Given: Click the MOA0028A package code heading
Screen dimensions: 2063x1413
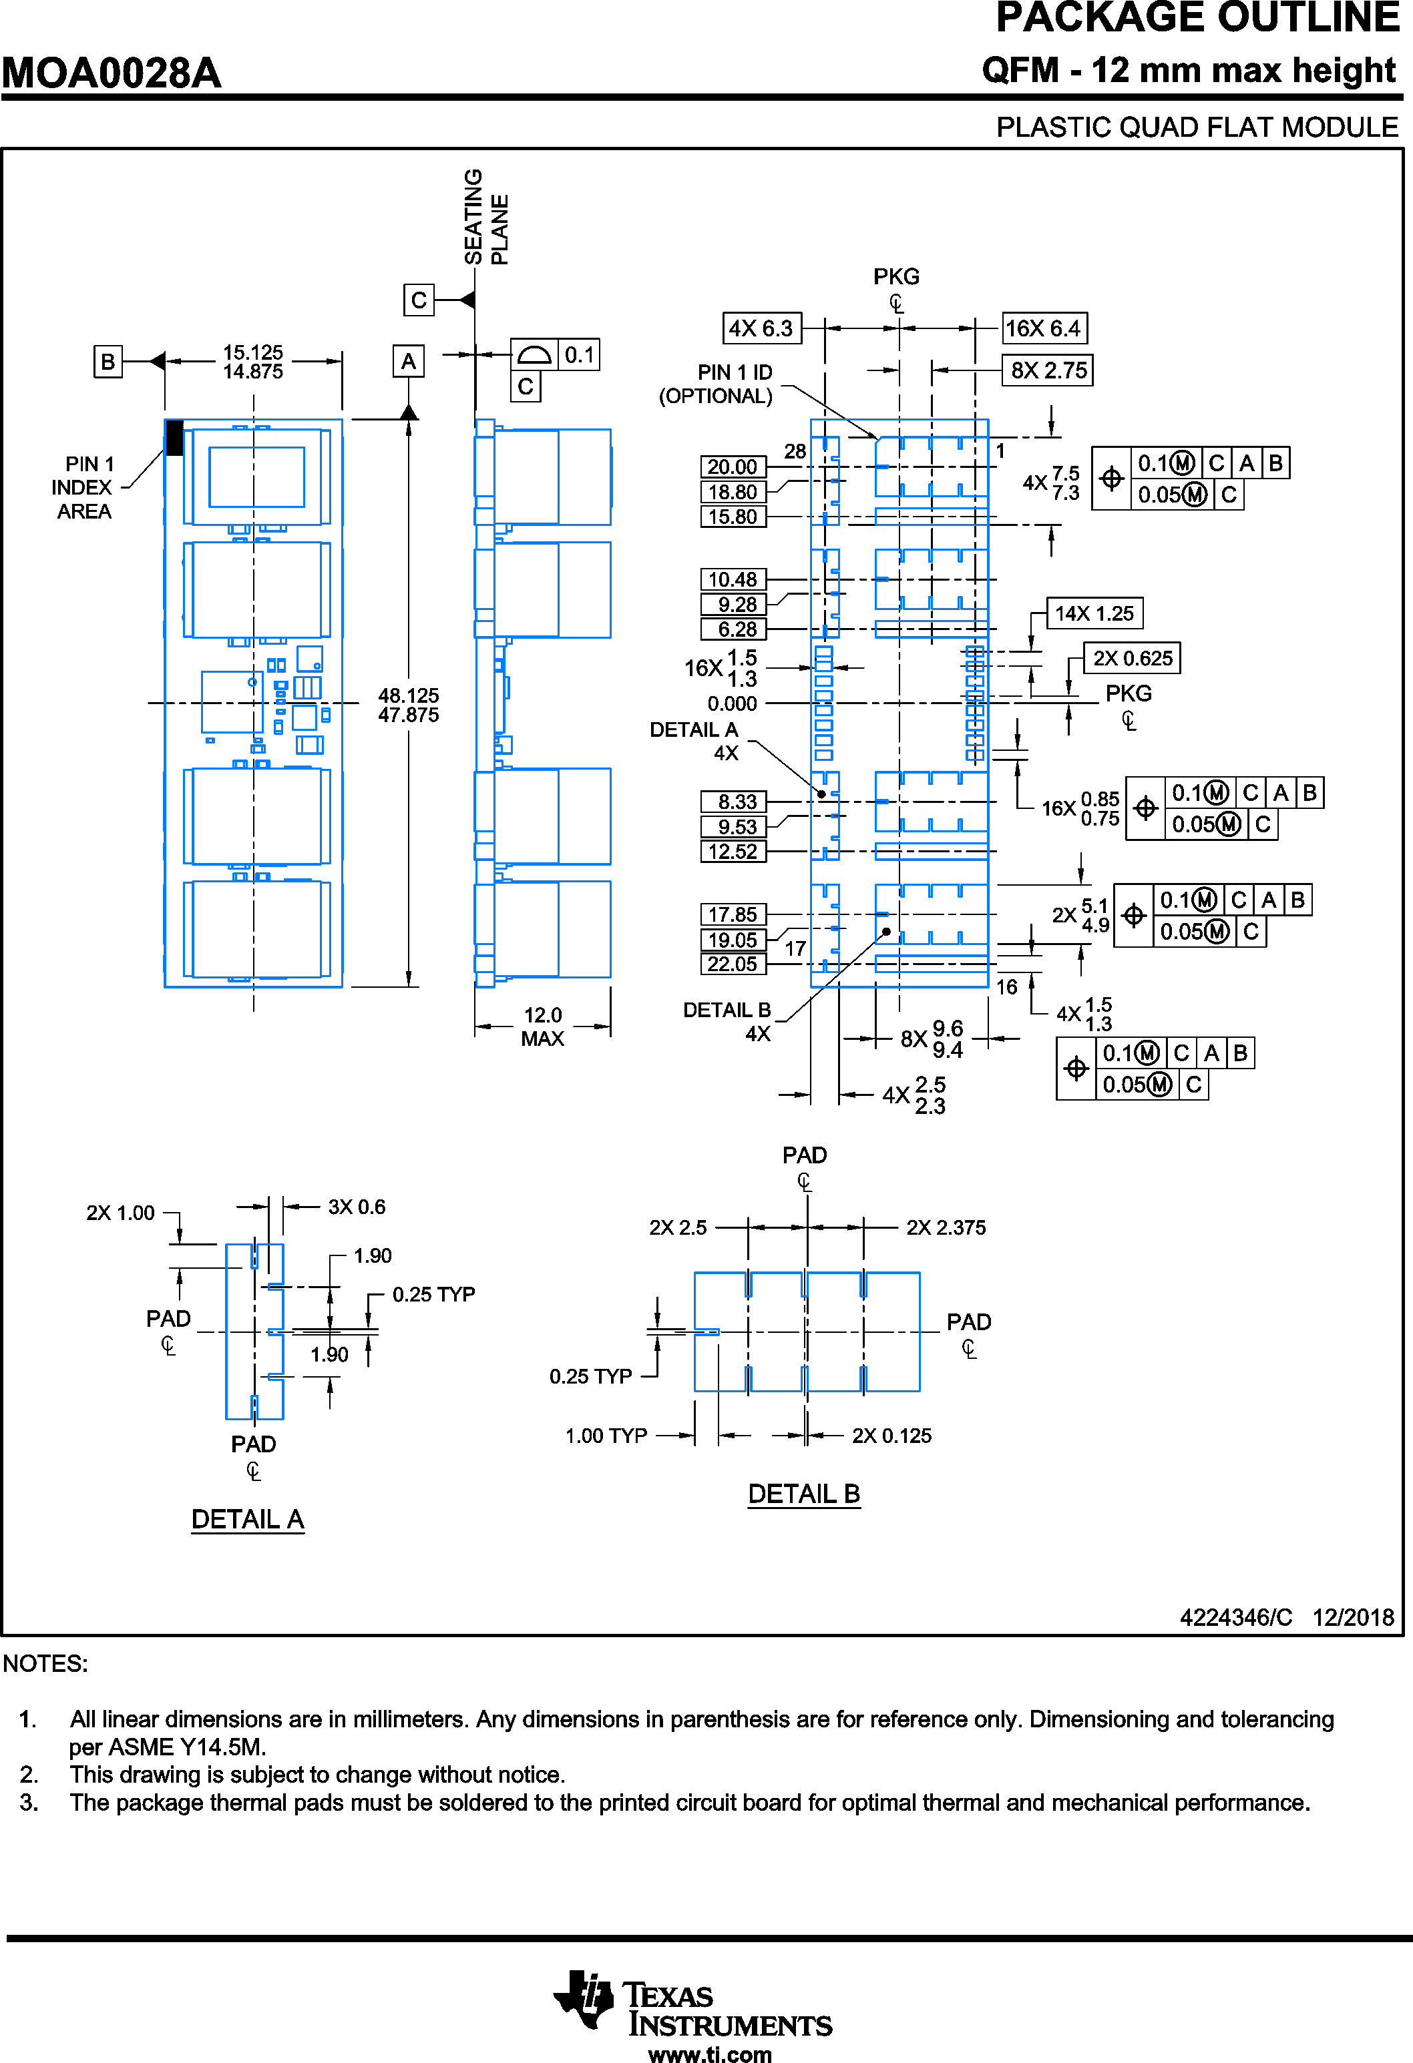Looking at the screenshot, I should [111, 73].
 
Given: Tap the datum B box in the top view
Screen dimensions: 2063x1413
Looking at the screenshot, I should [108, 361].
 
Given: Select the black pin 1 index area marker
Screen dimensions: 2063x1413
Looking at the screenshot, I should [174, 438].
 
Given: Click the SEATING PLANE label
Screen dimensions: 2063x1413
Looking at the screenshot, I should [485, 217].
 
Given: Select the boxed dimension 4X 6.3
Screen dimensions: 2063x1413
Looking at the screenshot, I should [761, 328].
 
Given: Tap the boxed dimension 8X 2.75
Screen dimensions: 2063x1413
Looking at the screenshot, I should [1048, 370].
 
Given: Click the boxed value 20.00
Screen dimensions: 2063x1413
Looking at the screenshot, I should [733, 467].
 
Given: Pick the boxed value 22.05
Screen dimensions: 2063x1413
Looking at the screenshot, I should [733, 964].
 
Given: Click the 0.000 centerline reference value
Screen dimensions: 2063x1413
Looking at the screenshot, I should [732, 704].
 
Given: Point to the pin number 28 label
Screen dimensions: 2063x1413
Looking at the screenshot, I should [795, 451].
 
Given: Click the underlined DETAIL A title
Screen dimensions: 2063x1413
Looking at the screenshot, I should [248, 1519].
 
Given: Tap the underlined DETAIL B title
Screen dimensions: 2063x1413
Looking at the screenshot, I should [804, 1494].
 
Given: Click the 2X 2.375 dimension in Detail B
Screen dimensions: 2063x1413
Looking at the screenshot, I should [946, 1227].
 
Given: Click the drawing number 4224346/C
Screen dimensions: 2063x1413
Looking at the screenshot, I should [1235, 1617].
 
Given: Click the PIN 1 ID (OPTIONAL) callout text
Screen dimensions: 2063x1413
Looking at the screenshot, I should [716, 384].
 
